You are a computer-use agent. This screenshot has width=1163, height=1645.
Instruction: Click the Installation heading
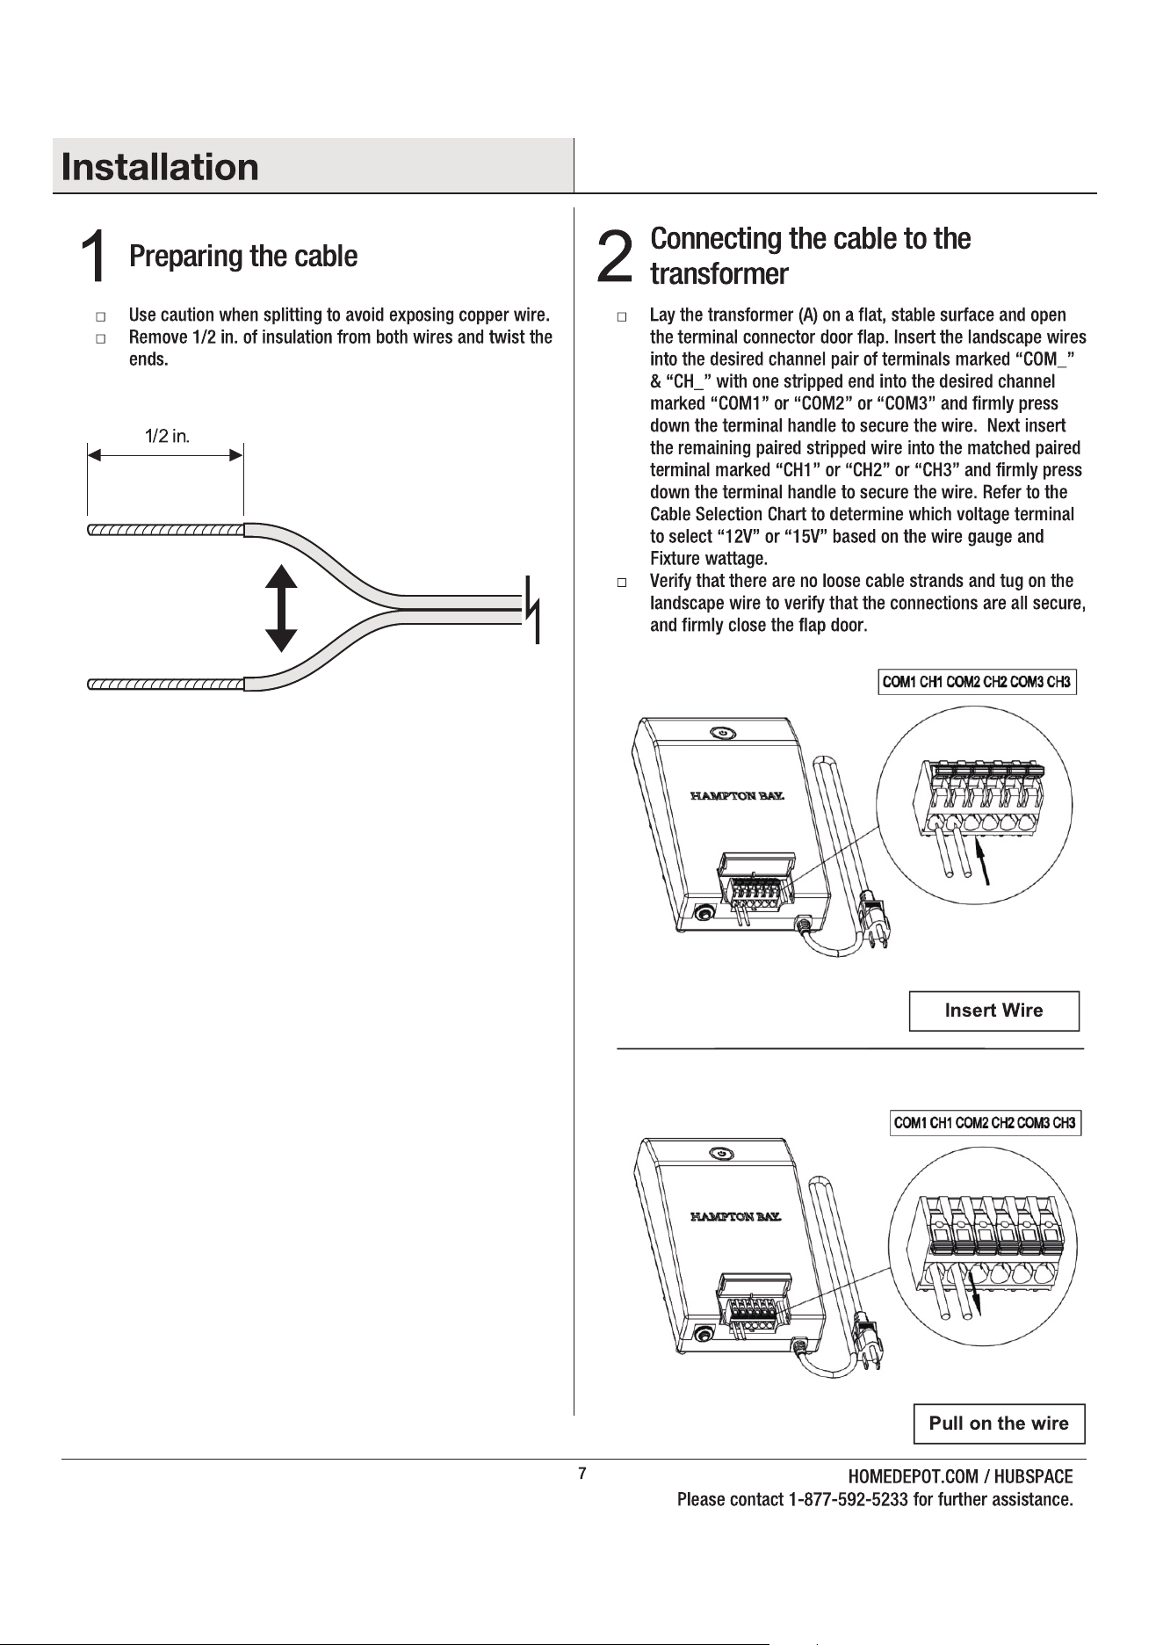click(161, 167)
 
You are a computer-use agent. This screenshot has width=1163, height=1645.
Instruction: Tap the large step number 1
click(95, 257)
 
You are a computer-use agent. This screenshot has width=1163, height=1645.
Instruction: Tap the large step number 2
click(614, 257)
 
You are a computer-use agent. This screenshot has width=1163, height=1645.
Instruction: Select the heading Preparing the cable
click(243, 257)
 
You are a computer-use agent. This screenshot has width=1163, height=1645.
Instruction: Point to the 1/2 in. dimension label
click(168, 436)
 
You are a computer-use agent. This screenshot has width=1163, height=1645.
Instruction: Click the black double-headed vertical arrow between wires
click(281, 608)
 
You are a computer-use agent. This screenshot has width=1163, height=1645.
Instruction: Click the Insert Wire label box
click(993, 1011)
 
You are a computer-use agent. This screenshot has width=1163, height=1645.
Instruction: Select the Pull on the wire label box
click(1000, 1424)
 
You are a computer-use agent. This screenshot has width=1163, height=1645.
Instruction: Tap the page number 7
click(581, 1474)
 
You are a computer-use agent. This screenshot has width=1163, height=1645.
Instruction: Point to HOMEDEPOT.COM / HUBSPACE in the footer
click(960, 1477)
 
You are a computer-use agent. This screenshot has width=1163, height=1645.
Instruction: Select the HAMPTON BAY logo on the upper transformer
click(736, 796)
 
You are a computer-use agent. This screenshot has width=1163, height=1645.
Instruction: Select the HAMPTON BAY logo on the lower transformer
click(736, 1217)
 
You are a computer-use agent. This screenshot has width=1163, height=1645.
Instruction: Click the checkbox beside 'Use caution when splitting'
click(100, 315)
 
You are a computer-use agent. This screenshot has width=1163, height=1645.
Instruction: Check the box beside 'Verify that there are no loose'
click(621, 582)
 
